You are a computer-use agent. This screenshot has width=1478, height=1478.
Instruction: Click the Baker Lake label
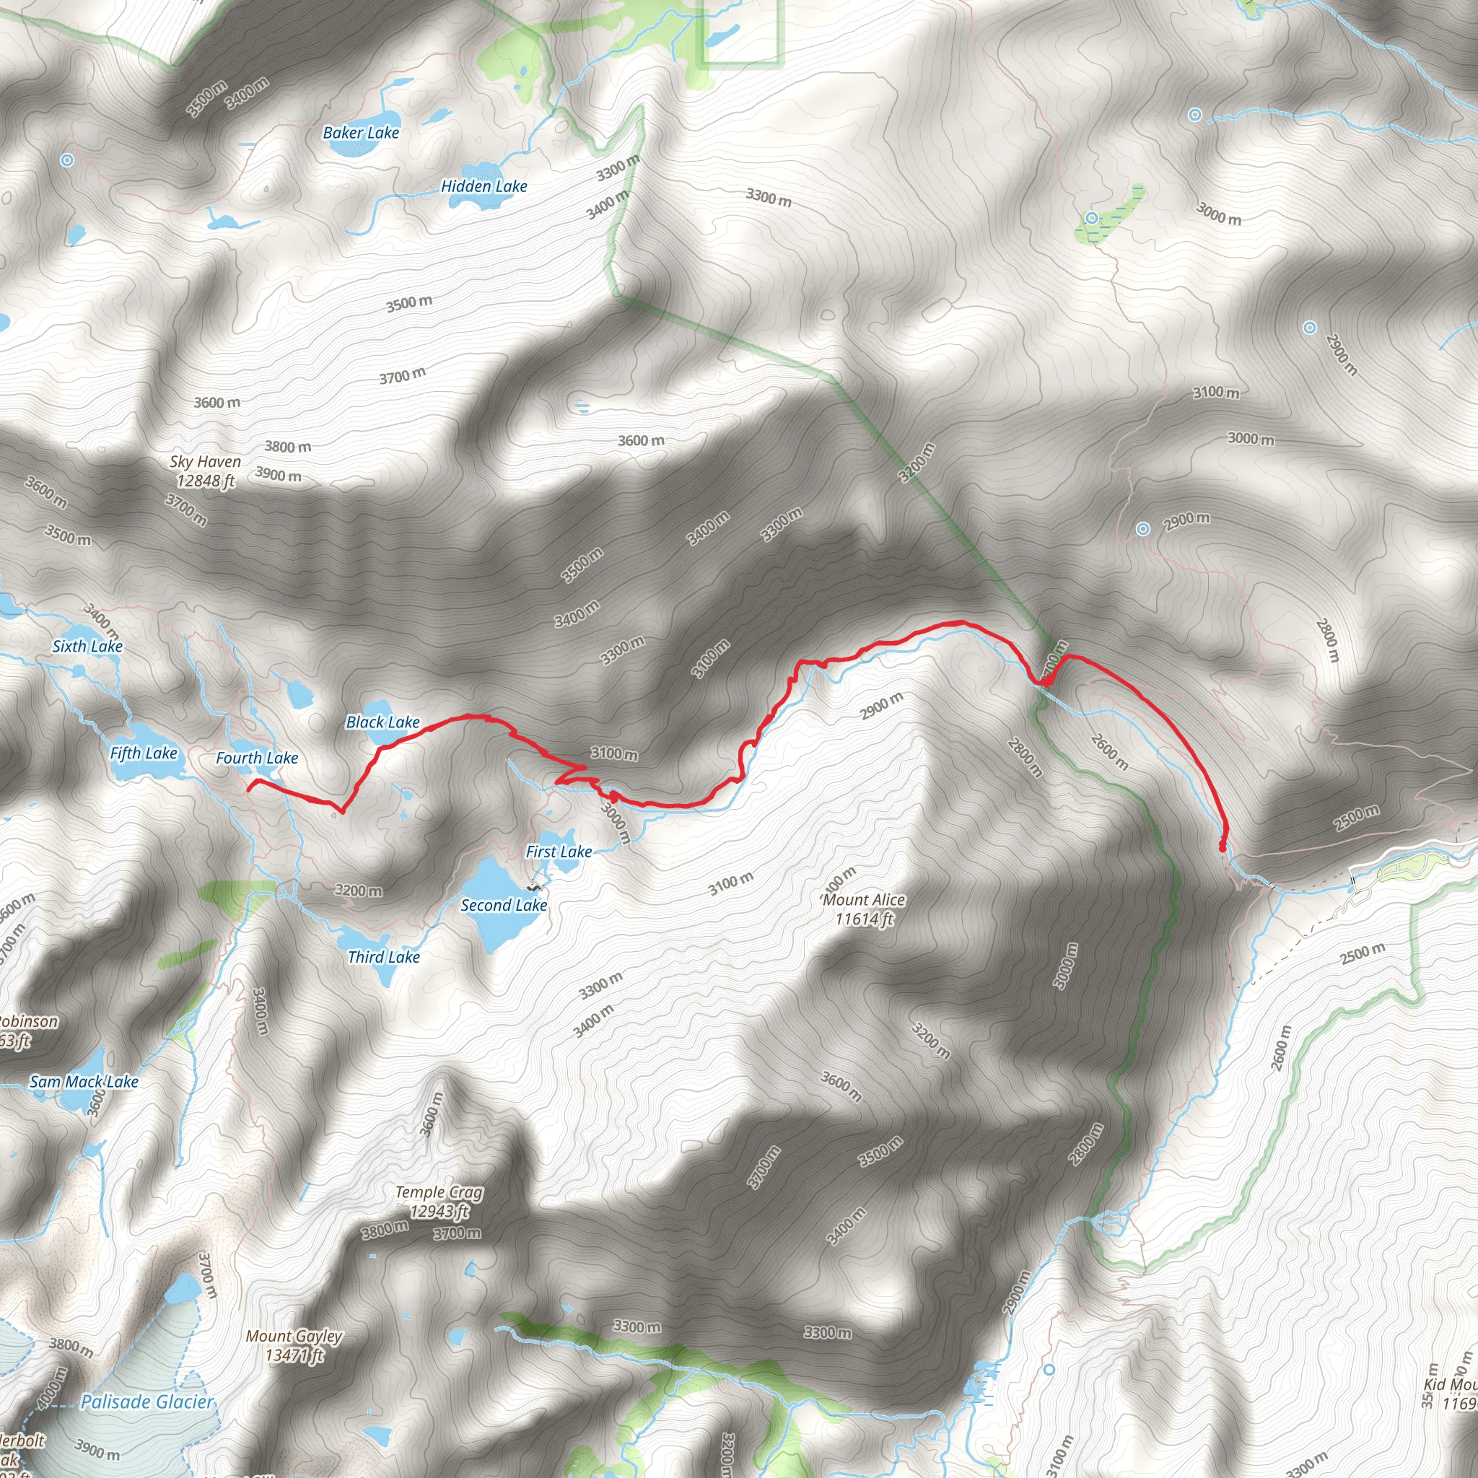pyautogui.click(x=361, y=133)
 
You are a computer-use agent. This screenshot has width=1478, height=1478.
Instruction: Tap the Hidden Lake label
pyautogui.click(x=484, y=187)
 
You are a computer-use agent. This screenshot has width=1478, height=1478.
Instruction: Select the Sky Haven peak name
pyautogui.click(x=205, y=462)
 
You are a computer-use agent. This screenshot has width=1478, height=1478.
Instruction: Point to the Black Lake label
pyautogui.click(x=382, y=722)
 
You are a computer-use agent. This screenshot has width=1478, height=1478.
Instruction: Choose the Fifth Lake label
pyautogui.click(x=144, y=753)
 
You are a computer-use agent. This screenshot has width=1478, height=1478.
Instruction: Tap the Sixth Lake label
pyautogui.click(x=87, y=647)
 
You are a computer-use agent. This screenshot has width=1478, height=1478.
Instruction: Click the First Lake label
pyautogui.click(x=559, y=852)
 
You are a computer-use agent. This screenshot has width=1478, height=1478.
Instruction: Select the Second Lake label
pyautogui.click(x=504, y=906)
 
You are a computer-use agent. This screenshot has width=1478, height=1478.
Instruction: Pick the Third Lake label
pyautogui.click(x=383, y=957)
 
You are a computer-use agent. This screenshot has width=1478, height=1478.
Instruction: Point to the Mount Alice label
pyautogui.click(x=864, y=900)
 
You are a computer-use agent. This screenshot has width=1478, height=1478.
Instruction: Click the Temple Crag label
pyautogui.click(x=439, y=1192)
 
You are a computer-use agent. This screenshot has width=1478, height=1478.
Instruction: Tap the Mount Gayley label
pyautogui.click(x=294, y=1337)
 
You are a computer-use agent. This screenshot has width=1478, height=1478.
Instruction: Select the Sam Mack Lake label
pyautogui.click(x=84, y=1082)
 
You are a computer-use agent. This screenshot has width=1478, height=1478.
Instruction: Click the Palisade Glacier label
pyautogui.click(x=147, y=1402)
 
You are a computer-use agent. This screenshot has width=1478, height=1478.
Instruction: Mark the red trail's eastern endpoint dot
pyautogui.click(x=1222, y=848)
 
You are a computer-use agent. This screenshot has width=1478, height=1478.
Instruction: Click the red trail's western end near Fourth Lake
pyautogui.click(x=250, y=786)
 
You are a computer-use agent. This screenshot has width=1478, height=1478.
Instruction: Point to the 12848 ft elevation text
pyautogui.click(x=205, y=481)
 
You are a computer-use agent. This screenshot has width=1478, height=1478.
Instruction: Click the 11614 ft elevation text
pyautogui.click(x=864, y=919)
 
